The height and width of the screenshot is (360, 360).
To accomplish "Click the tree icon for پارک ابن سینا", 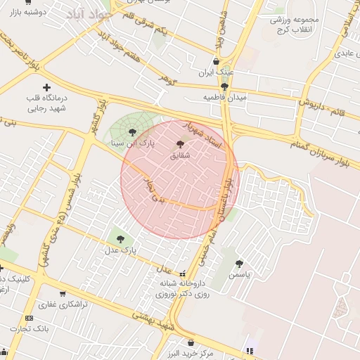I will (132, 131).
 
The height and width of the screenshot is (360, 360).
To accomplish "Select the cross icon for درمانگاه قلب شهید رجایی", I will (46, 88).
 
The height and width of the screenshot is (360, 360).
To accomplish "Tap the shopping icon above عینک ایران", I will (216, 62).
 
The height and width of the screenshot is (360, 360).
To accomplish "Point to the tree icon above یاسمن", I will (239, 264).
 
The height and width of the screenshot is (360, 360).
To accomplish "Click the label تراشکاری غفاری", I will (63, 304).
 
